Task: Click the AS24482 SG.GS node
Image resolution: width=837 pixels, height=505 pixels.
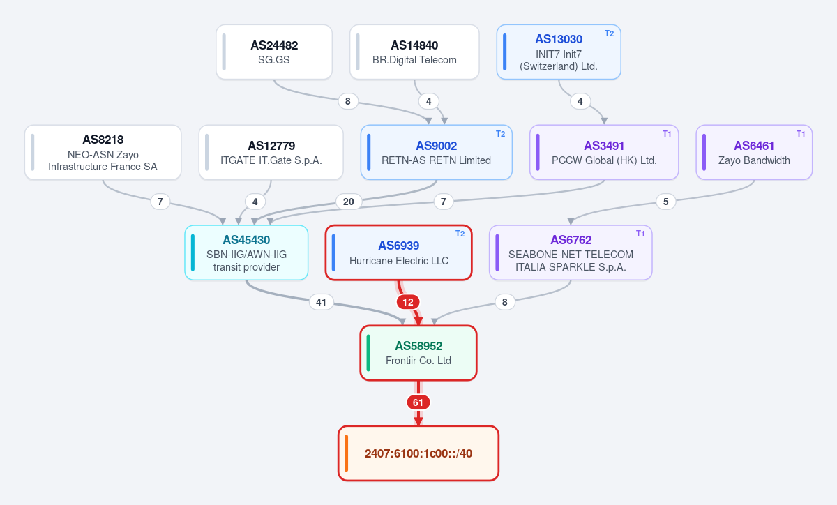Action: (274, 52)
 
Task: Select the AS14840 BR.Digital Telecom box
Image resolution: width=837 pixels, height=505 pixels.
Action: (414, 52)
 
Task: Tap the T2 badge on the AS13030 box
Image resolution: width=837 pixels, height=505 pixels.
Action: (609, 33)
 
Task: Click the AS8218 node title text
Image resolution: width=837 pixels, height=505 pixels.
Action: (103, 140)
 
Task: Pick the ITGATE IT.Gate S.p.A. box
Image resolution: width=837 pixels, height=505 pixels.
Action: (271, 152)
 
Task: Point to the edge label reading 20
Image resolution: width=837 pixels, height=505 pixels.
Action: (349, 202)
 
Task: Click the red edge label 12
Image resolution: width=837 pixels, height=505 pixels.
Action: (408, 302)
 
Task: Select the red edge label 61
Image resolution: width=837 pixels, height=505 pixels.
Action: (418, 402)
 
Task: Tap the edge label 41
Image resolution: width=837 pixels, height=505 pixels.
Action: (322, 302)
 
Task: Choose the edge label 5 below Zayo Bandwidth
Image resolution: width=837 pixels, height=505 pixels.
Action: (666, 202)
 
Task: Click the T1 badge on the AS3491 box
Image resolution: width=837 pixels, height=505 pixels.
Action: (667, 134)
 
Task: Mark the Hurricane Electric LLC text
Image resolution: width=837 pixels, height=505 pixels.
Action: (399, 261)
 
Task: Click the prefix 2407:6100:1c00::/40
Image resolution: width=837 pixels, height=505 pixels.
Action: (418, 453)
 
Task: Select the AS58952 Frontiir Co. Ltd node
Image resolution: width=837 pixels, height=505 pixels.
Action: (418, 353)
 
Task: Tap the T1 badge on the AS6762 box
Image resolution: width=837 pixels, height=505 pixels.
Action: (640, 234)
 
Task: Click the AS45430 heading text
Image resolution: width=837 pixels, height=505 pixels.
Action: (246, 240)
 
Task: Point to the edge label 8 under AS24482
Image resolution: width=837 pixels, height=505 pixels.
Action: (348, 101)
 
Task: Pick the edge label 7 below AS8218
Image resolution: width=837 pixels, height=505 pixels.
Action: (160, 202)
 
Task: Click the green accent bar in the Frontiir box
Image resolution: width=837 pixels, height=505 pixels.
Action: (368, 353)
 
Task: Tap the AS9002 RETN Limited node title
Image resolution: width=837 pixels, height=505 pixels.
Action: (437, 146)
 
